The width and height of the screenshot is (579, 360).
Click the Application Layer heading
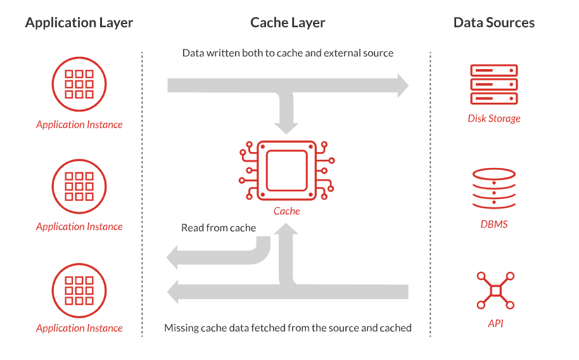pyautogui.click(x=79, y=23)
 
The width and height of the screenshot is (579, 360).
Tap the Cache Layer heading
pyautogui.click(x=288, y=23)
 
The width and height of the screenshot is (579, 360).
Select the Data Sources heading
pyautogui.click(x=494, y=23)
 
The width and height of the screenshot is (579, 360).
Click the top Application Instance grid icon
pyautogui.click(x=79, y=84)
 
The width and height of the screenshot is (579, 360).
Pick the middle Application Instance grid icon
pyautogui.click(x=79, y=186)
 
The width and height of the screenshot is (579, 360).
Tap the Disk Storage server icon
pyautogui.click(x=494, y=84)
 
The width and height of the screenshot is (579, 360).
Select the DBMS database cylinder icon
pyautogui.click(x=494, y=189)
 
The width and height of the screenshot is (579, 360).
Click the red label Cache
pyautogui.click(x=287, y=211)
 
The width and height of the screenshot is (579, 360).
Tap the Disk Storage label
pyautogui.click(x=494, y=119)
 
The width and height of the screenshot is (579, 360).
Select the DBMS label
pyautogui.click(x=494, y=224)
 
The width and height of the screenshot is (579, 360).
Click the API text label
pyautogui.click(x=495, y=324)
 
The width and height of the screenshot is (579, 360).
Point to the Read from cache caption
pyautogui.click(x=219, y=228)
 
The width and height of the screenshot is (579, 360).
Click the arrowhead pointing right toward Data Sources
pyautogui.click(x=403, y=85)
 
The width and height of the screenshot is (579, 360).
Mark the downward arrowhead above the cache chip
pyautogui.click(x=287, y=126)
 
